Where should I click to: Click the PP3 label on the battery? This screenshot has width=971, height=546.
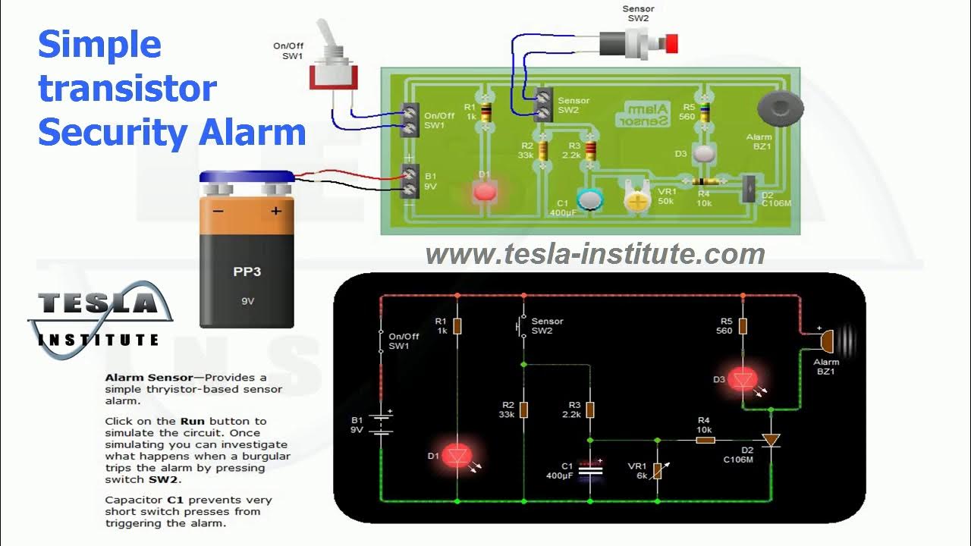click(x=247, y=270)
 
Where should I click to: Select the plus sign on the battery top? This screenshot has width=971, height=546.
click(x=275, y=211)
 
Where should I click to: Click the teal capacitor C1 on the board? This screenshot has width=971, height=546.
click(x=589, y=200)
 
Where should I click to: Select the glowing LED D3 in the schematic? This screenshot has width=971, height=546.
click(x=743, y=379)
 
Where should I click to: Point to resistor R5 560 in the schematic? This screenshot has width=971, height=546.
click(x=743, y=326)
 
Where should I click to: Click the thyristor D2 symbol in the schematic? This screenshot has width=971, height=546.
click(x=771, y=440)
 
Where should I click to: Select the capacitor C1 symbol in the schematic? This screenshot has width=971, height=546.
click(x=590, y=469)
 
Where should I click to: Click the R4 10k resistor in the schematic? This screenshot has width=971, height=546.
click(x=705, y=440)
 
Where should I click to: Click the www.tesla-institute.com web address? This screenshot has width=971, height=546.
click(x=595, y=254)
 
